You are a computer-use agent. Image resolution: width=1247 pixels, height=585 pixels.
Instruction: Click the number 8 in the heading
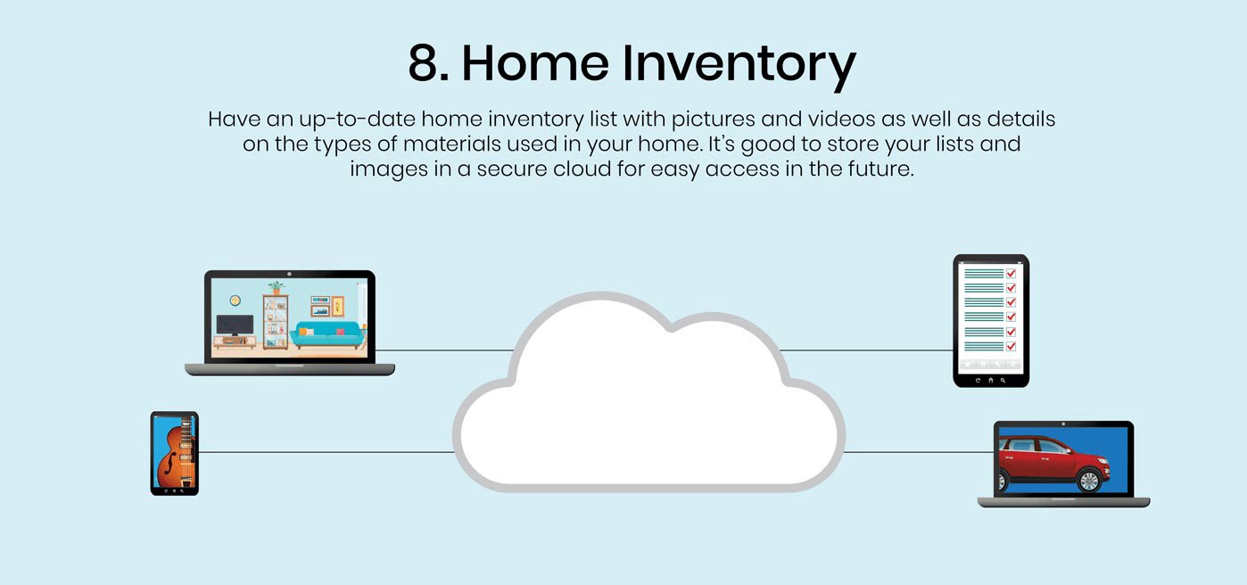tap(427, 63)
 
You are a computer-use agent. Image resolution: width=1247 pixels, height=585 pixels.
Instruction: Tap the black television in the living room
tap(235, 325)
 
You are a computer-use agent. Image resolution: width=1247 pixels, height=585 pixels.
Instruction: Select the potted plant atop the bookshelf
tap(276, 288)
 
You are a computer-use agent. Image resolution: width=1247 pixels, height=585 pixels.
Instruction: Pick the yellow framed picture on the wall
tap(338, 306)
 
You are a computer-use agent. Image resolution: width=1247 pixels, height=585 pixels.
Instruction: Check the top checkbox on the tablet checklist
tap(1011, 273)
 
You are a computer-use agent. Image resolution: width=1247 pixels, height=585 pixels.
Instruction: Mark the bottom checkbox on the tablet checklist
tap(1011, 347)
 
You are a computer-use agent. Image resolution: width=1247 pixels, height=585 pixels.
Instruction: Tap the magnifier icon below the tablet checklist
tap(1003, 381)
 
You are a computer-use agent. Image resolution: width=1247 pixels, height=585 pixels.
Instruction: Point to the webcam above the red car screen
tap(1063, 424)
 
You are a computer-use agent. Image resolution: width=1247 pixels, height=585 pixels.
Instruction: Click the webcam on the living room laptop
tap(289, 275)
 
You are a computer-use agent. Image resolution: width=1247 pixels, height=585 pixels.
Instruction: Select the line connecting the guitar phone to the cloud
tap(326, 452)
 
